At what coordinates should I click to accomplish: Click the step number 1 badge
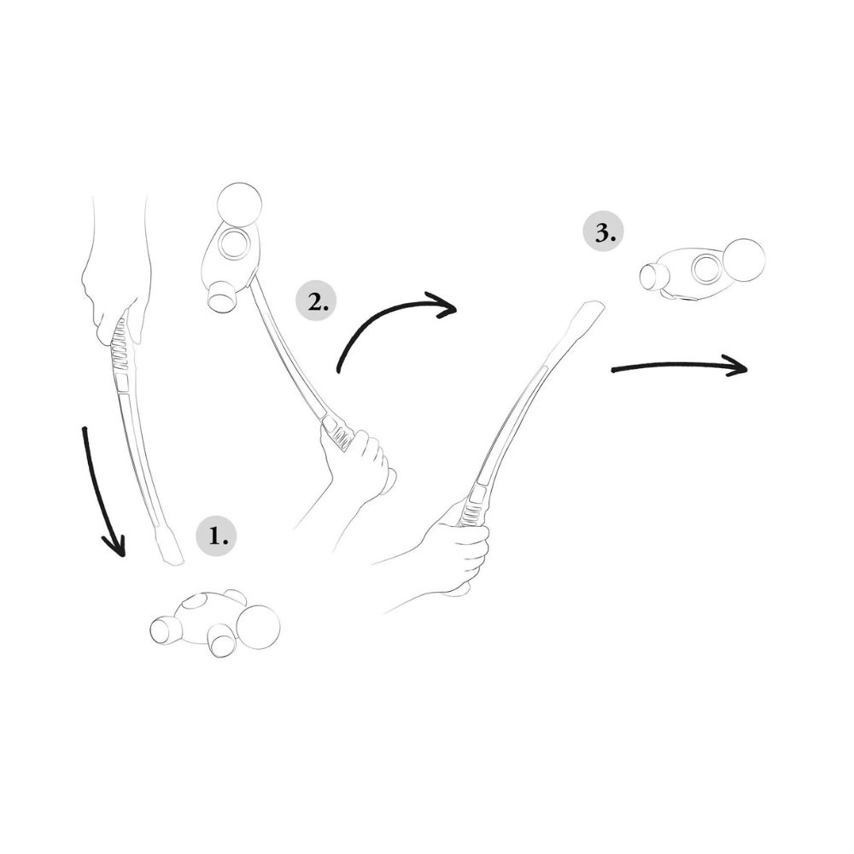tap(216, 536)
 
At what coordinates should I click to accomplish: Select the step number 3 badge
tap(604, 233)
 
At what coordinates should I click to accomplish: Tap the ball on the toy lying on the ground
tap(258, 627)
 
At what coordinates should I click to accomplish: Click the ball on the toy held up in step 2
tap(239, 204)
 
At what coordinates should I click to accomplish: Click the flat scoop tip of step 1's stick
tap(171, 545)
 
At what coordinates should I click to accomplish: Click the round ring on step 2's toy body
tap(234, 244)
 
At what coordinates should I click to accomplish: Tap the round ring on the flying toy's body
tap(707, 270)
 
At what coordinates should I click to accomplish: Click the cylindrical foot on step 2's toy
tap(223, 296)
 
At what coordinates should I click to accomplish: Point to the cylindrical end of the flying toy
tap(651, 276)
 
